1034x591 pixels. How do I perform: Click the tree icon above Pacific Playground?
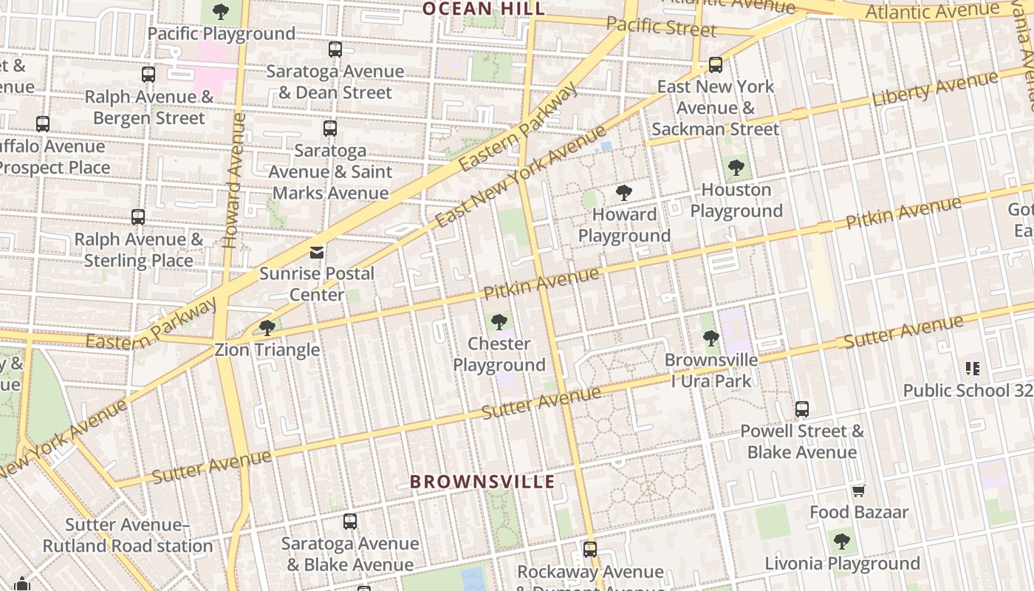click(220, 12)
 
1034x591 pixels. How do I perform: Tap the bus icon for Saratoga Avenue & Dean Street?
click(335, 49)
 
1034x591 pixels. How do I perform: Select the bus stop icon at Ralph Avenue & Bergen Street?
click(148, 75)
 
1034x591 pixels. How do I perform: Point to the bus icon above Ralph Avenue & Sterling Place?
click(138, 217)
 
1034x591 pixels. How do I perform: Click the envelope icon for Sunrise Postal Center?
click(317, 252)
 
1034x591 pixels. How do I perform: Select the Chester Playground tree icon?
click(499, 322)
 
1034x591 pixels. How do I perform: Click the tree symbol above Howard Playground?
click(624, 194)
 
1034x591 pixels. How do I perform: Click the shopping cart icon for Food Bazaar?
click(858, 491)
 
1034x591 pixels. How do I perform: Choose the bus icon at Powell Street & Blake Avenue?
click(802, 409)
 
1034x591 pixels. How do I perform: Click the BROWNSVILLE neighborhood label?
click(482, 482)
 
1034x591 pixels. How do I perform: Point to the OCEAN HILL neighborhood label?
click(483, 9)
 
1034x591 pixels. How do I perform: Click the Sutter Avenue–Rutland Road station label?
click(128, 536)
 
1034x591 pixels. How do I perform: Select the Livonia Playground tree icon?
click(842, 542)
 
